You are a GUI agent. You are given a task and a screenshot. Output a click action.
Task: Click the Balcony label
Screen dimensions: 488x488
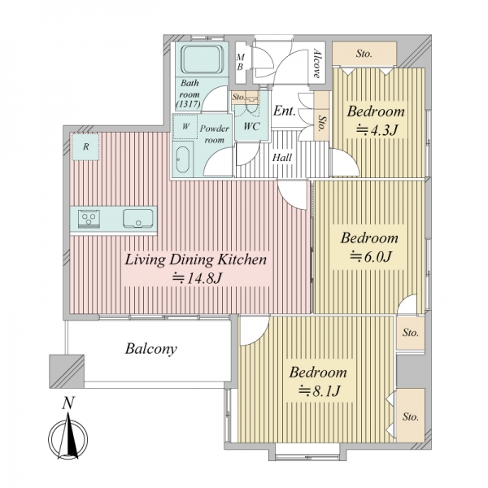[x=151, y=349]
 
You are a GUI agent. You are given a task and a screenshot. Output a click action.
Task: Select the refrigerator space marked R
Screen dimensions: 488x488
[x=85, y=147]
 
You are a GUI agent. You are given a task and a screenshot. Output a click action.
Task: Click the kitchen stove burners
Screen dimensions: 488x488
[x=89, y=217]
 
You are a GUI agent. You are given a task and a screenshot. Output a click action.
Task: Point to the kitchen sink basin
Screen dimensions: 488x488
[x=138, y=219]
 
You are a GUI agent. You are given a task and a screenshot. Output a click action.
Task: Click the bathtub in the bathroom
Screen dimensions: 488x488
[x=203, y=59]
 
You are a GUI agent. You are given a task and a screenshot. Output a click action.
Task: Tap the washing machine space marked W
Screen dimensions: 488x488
[x=185, y=126]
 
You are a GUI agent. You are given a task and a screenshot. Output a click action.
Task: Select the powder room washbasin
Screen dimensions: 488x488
[x=182, y=160]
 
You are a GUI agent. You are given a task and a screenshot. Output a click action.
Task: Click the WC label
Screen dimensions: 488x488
[x=251, y=127]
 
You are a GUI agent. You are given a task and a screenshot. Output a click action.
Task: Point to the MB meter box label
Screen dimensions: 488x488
[x=240, y=62]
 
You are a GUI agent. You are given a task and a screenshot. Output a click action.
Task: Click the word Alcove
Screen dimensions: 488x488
[x=317, y=63]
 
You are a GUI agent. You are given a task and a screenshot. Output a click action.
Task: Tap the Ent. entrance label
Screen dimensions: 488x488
[x=284, y=111]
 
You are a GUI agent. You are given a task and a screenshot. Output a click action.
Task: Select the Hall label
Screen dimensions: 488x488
[x=282, y=158]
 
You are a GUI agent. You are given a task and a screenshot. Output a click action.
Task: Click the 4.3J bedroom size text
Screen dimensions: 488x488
[x=377, y=130]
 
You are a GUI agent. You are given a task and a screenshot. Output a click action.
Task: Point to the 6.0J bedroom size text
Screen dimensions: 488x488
[x=370, y=256]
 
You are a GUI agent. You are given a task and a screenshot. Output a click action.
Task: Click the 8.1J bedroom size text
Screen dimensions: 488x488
[x=319, y=391]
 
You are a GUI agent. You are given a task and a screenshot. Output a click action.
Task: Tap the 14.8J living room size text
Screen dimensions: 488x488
[x=197, y=277]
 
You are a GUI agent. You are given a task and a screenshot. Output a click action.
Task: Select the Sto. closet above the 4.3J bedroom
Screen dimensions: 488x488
[x=364, y=54]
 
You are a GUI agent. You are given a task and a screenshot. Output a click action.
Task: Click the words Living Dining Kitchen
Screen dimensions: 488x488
[x=196, y=259]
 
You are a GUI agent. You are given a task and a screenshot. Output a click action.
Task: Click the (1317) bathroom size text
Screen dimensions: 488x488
[x=188, y=104]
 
